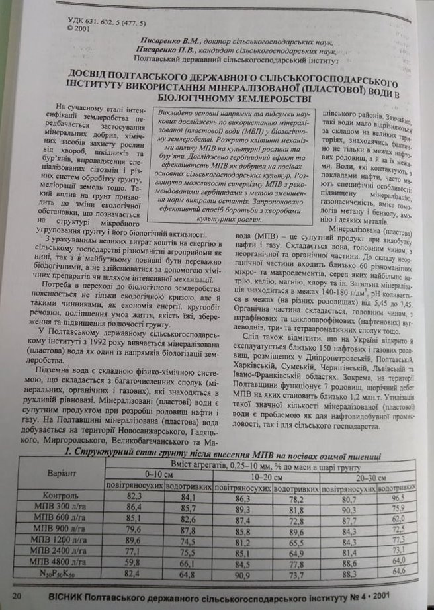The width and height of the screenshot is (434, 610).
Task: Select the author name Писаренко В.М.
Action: click(x=161, y=40)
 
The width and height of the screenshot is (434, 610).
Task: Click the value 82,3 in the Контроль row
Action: click(x=134, y=496)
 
